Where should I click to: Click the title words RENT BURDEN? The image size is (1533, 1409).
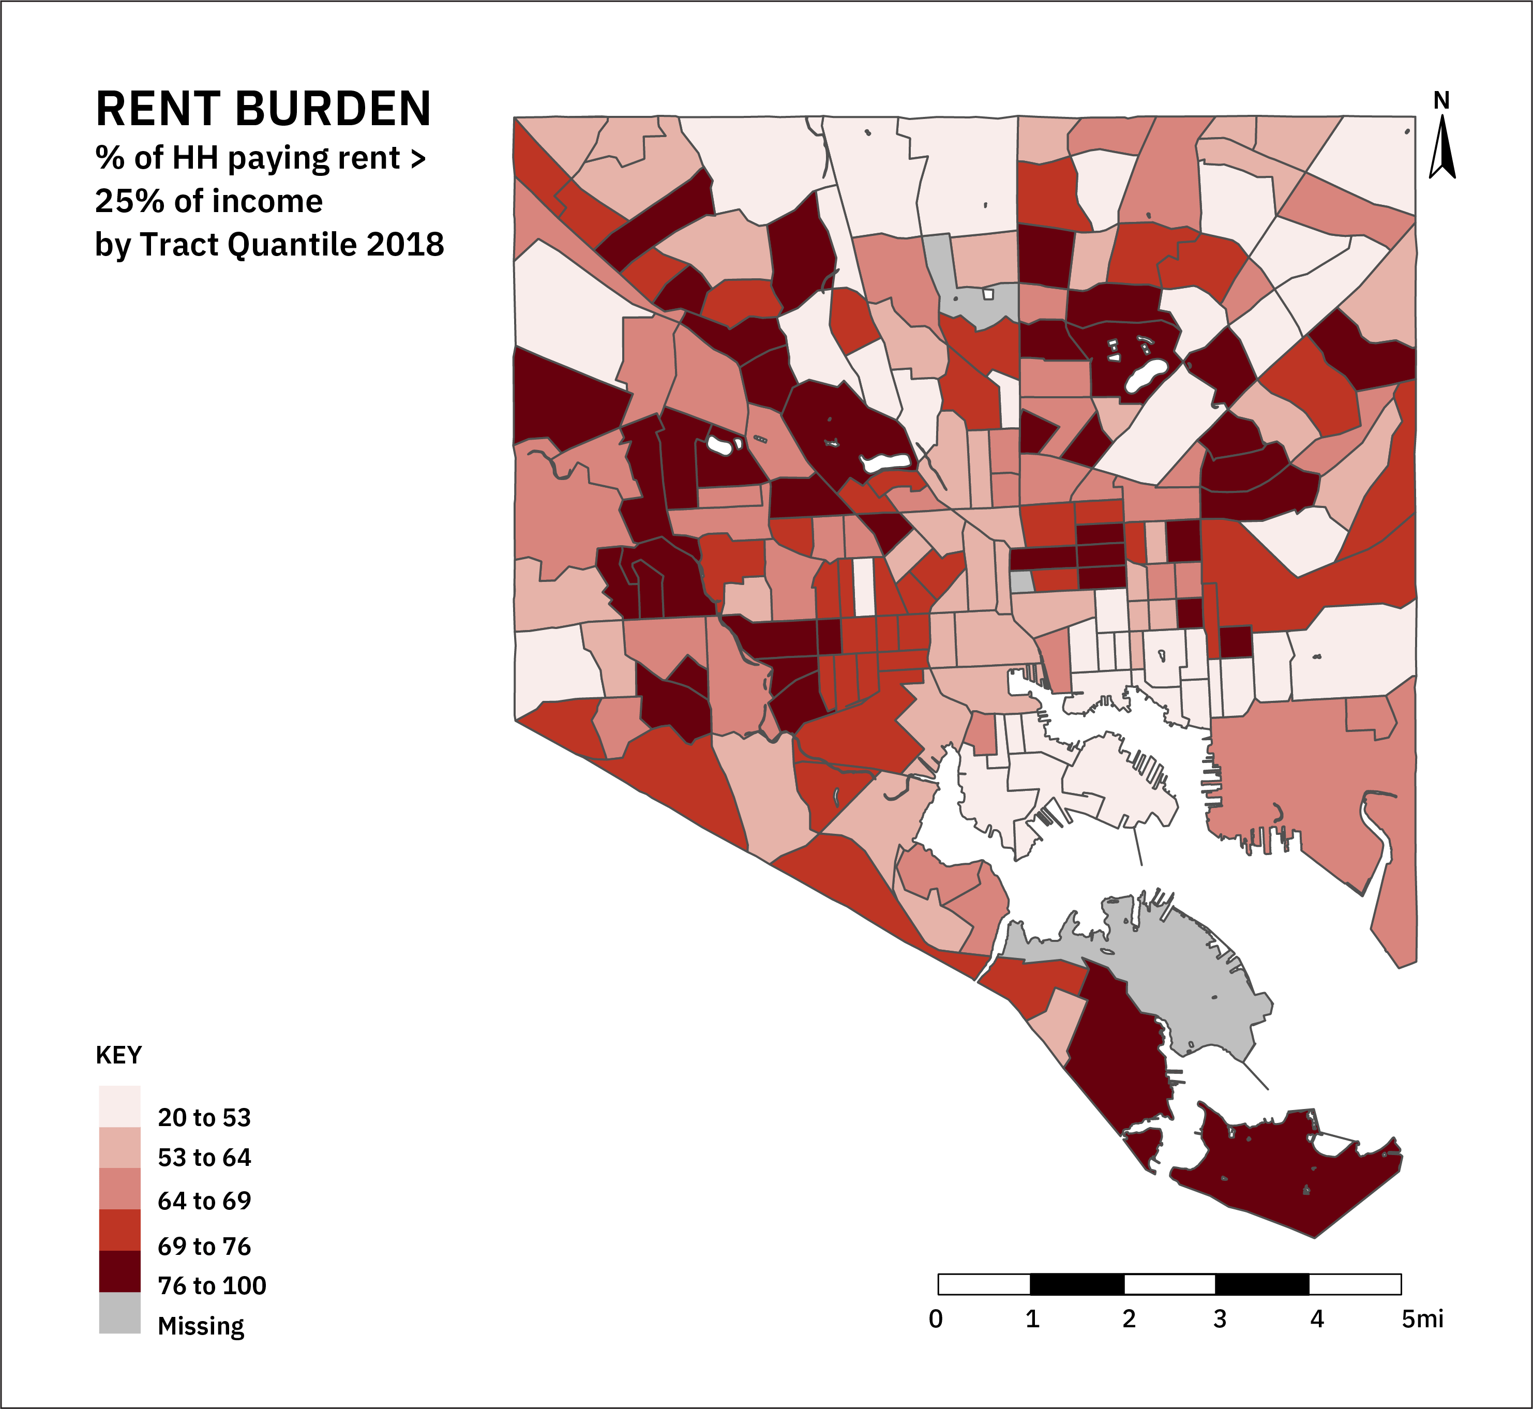[x=263, y=109]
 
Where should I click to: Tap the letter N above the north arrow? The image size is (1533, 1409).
[x=1441, y=101]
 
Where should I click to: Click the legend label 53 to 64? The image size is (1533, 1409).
[x=204, y=1158]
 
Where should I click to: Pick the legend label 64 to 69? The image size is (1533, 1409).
[x=204, y=1201]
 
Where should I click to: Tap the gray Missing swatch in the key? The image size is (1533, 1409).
[x=119, y=1313]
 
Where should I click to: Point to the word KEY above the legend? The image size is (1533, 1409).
[x=118, y=1055]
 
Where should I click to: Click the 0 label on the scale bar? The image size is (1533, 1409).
[x=935, y=1319]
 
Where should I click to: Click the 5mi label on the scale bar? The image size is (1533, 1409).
[x=1422, y=1319]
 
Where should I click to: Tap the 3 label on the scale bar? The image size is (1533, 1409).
[x=1220, y=1319]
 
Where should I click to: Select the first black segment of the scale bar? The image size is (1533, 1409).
[x=1076, y=1284]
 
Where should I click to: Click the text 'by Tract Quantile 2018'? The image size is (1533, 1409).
[x=269, y=245]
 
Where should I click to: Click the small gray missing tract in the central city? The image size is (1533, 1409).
[x=1021, y=582]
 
